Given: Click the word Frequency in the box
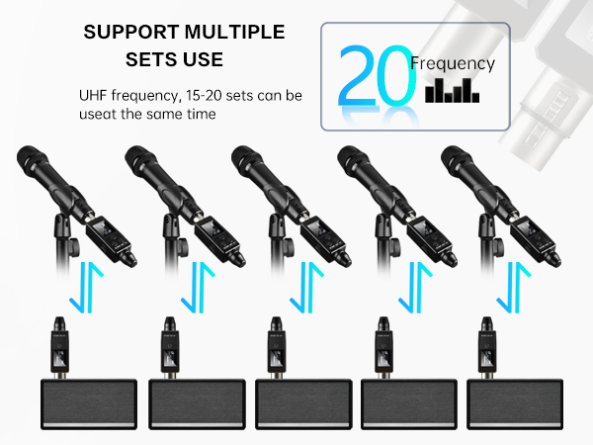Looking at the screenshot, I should [453, 63].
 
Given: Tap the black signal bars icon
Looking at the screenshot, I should [452, 93].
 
